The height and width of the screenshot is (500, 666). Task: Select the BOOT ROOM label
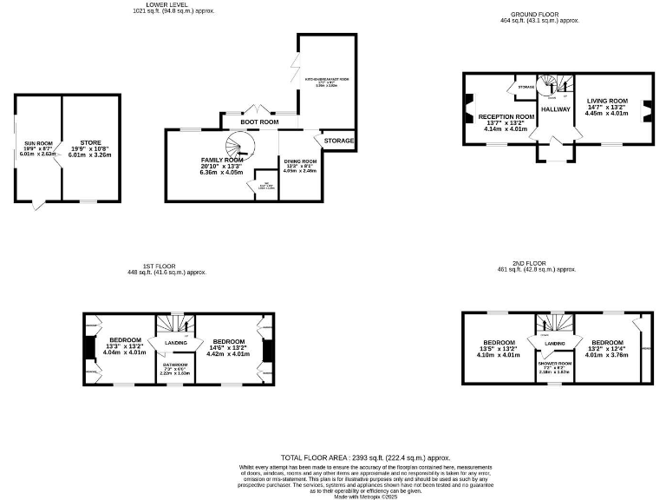[x=259, y=122]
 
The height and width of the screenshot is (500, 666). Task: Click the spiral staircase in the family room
[x=237, y=145]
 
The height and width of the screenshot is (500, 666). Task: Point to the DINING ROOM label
[x=300, y=161]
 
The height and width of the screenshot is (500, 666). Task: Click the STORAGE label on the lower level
[x=339, y=140]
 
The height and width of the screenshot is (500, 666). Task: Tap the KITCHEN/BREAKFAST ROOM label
[x=326, y=79]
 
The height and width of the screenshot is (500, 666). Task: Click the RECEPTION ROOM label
[x=506, y=116]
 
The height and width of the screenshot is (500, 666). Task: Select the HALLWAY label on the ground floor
[x=555, y=109]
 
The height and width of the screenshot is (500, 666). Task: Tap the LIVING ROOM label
[x=605, y=101]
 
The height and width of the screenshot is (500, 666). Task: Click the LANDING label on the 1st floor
[x=177, y=343]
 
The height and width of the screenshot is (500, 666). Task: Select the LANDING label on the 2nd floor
[x=555, y=345]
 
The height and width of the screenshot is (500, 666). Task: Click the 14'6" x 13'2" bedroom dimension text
[x=229, y=347]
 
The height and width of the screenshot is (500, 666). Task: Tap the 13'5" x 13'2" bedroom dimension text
[x=499, y=348]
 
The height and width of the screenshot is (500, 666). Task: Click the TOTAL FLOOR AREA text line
[x=366, y=457]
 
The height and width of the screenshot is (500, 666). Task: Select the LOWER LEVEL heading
[x=173, y=4]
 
